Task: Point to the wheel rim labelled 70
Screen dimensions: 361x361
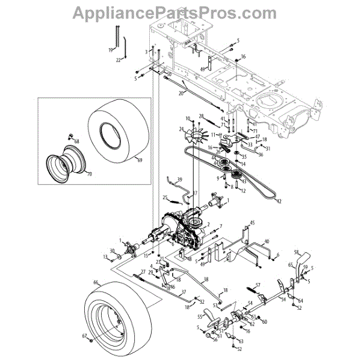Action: click(x=63, y=160)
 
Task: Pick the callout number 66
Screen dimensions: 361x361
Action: click(x=95, y=282)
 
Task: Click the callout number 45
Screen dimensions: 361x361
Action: click(x=253, y=223)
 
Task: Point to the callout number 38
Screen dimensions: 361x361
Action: click(x=206, y=279)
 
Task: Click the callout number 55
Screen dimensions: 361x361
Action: click(x=199, y=316)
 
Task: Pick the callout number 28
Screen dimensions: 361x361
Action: click(x=202, y=116)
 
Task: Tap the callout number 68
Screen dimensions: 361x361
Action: click(x=76, y=141)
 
